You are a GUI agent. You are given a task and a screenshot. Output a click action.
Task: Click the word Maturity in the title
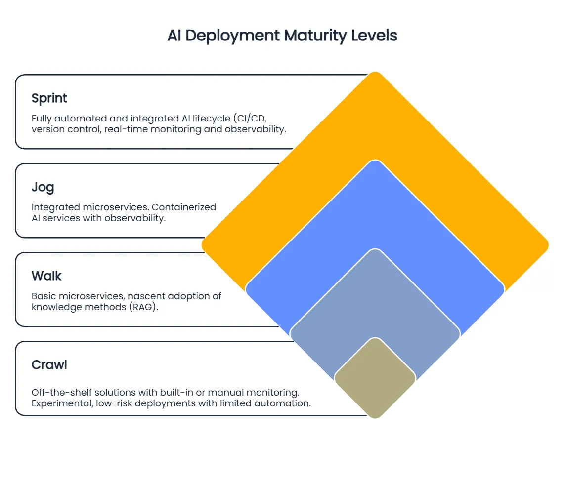click(315, 36)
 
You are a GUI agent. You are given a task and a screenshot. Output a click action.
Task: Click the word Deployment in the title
click(232, 36)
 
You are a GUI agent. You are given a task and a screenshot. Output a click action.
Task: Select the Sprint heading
click(49, 98)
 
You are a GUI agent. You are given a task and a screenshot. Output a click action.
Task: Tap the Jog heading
click(43, 187)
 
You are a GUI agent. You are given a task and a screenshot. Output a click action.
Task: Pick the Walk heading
click(46, 276)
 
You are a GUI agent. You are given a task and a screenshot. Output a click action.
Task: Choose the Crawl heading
click(49, 364)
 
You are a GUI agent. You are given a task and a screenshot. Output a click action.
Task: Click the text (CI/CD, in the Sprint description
click(250, 119)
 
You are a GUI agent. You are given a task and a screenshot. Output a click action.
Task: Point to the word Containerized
click(184, 207)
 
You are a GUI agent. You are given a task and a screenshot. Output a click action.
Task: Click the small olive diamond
click(375, 378)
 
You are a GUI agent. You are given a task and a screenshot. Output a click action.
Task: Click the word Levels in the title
click(374, 36)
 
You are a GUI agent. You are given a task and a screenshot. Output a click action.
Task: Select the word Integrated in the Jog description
click(55, 207)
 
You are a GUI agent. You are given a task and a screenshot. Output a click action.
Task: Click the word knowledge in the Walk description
click(55, 307)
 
